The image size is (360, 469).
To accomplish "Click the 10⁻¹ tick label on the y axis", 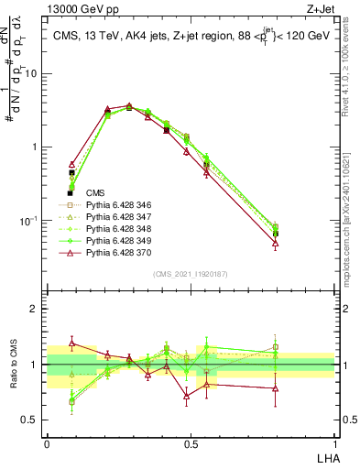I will [x=31, y=220].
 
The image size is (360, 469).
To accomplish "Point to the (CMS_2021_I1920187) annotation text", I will [x=191, y=274].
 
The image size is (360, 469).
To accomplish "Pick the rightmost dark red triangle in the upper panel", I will [x=275, y=244].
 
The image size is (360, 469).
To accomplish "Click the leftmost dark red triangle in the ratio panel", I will [x=71, y=343].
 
